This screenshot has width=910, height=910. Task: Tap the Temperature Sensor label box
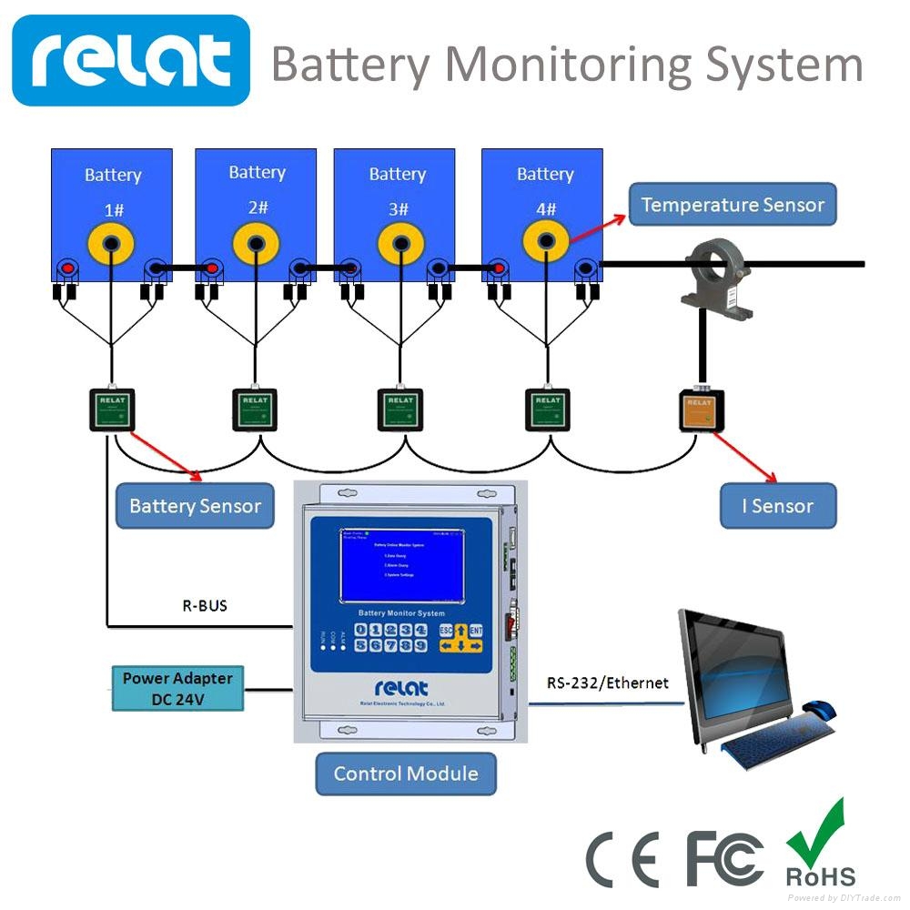coord(732,205)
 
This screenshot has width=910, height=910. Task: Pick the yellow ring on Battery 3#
coord(397,244)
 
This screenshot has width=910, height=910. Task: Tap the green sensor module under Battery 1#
coord(111,409)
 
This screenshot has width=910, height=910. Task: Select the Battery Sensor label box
coord(195,506)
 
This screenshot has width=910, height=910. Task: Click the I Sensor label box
coord(777,506)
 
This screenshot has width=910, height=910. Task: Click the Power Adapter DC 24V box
coord(177,688)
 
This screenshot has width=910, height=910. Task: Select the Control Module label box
coord(406,773)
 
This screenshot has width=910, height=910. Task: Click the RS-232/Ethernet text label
coord(607,682)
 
